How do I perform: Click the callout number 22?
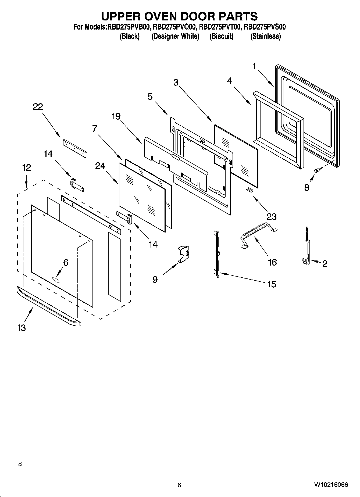coord(38,107)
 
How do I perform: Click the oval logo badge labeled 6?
coord(56,280)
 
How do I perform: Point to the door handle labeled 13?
coord(48,307)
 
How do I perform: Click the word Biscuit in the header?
coord(221,36)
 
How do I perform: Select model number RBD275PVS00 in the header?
coord(265,27)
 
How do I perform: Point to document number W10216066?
coord(331,485)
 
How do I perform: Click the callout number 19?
coord(116,117)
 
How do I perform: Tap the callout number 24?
coord(100,166)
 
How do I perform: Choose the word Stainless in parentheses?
coord(266,36)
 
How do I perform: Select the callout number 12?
coord(26,168)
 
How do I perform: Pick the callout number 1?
coord(254,66)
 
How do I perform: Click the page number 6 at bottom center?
coord(179,485)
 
